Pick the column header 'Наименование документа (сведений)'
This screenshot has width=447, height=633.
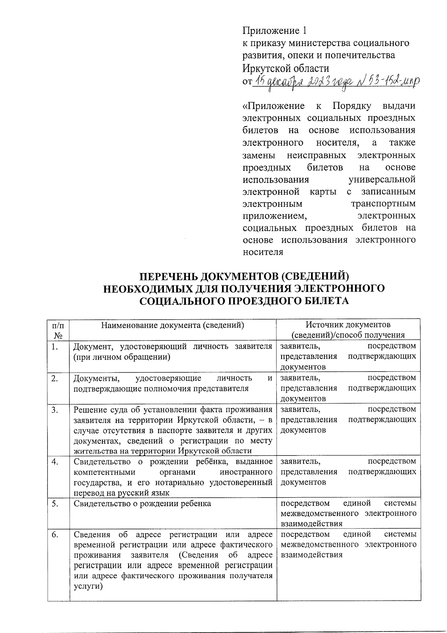pos(173,325)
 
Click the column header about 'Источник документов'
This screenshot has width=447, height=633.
pos(348,329)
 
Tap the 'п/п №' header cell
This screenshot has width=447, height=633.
pos(58,329)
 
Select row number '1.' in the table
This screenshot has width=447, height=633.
pos(55,347)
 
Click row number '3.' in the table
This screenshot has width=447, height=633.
pos(55,410)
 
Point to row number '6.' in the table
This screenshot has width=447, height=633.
pos(55,535)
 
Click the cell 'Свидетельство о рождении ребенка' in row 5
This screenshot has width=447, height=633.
pos(142,504)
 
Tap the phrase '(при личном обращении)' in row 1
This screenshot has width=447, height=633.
pos(122,357)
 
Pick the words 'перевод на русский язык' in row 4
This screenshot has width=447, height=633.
pos(121,493)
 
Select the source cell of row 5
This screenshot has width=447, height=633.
pos(348,513)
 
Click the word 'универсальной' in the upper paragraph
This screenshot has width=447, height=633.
pos(381,180)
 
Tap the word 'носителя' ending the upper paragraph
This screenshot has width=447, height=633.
pos(263,252)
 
